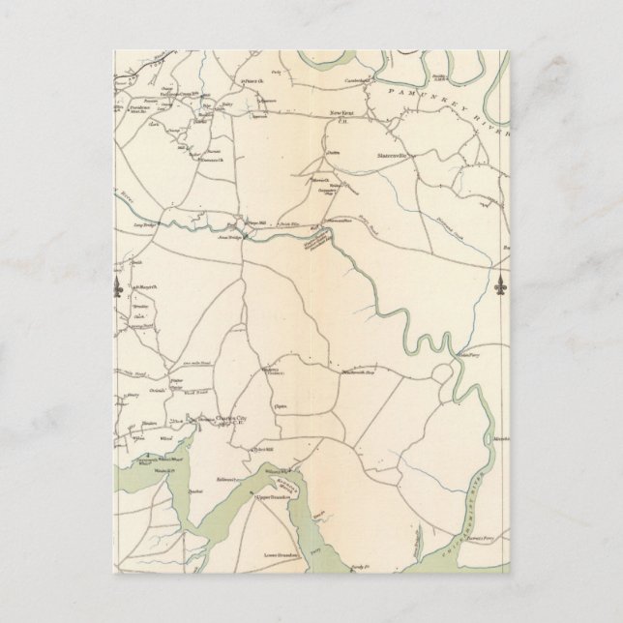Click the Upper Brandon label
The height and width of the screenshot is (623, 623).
(x=277, y=495)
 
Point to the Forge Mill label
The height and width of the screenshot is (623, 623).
(x=254, y=218)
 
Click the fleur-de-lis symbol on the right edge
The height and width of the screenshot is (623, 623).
(x=501, y=288)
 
